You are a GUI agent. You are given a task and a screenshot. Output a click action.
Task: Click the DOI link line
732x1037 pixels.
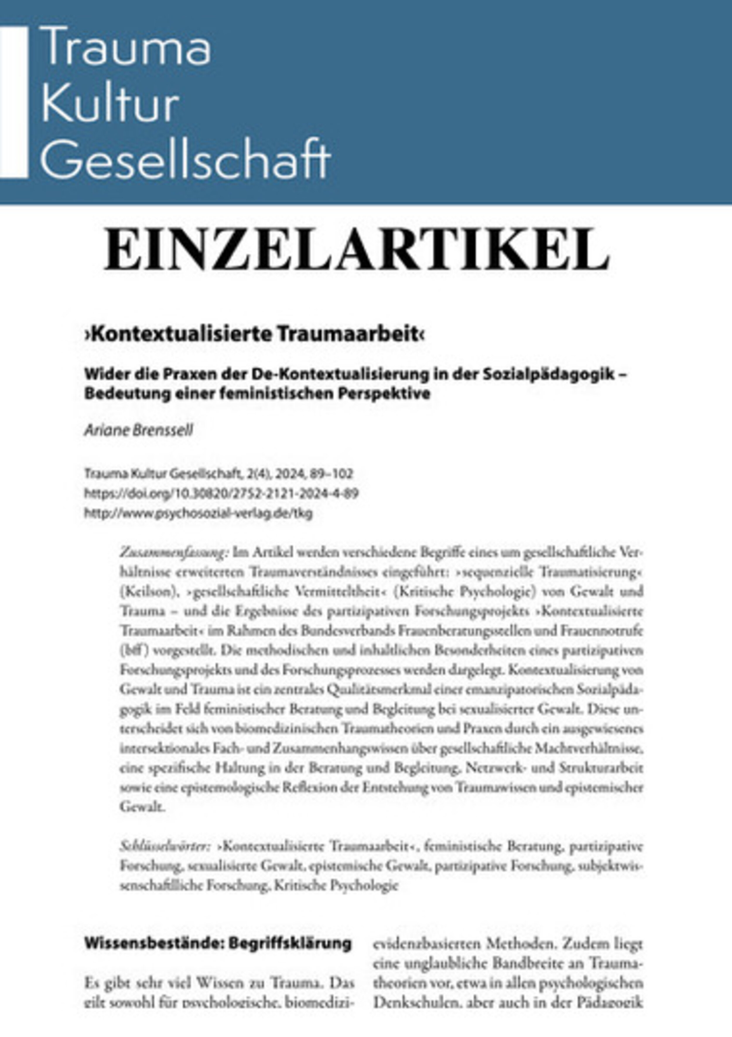tap(221, 493)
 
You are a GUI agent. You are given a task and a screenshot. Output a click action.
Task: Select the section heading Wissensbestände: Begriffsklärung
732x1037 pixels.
tap(218, 944)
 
